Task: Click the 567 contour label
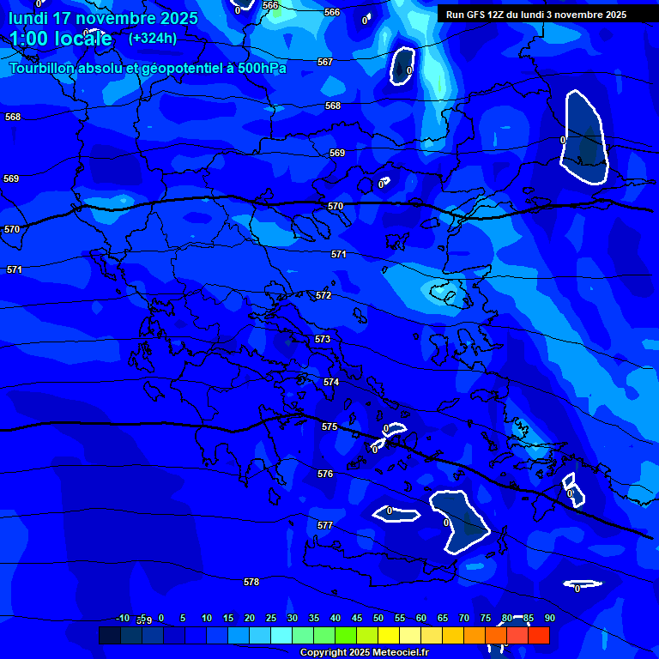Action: point(324,62)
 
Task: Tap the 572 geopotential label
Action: point(323,295)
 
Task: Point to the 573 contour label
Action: point(322,339)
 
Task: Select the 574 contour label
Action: point(331,382)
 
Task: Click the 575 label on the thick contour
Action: point(329,426)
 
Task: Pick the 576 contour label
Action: point(324,474)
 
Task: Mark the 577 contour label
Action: point(324,525)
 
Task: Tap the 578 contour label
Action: point(251,582)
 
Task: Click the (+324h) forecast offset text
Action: point(152,38)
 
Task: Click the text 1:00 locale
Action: point(60,39)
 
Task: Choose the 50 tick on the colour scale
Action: point(378,618)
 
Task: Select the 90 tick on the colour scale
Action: point(549,618)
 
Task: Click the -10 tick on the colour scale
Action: point(122,618)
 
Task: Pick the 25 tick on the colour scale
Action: point(270,618)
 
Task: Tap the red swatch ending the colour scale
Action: point(538,636)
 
